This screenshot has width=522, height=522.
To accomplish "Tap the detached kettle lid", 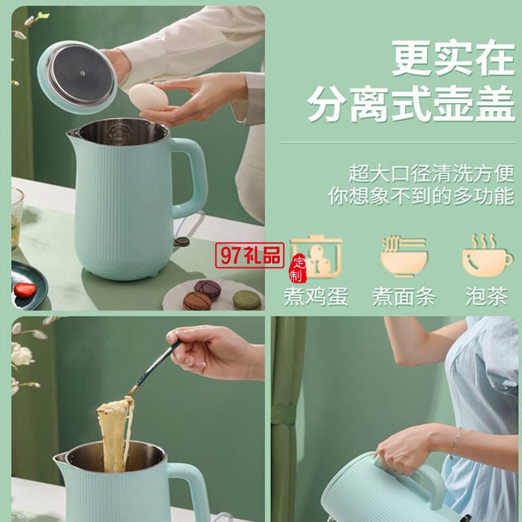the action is tap(77, 77).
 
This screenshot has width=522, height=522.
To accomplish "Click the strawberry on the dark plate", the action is tap(25, 290).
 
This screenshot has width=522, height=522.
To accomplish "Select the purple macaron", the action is tap(207, 289).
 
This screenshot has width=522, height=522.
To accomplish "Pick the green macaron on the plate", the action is tap(246, 299).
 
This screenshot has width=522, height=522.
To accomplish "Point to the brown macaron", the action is tap(197, 301).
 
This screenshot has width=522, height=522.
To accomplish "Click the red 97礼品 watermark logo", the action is tap(250, 255).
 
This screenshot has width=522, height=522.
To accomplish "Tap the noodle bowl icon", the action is tap(404, 256).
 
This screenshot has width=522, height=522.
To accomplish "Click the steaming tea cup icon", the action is tap(488, 255).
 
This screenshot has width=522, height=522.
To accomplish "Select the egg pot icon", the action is tap(316, 256).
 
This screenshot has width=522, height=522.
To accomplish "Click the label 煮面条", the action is tap(404, 296).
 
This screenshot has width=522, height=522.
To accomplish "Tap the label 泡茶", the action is tap(487, 296).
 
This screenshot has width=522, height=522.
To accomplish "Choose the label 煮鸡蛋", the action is tap(316, 296).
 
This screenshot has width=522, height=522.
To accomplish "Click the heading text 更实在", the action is tap(453, 58).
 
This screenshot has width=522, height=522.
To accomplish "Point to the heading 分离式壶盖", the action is tap(411, 104).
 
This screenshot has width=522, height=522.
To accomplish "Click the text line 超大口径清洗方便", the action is tap(432, 173).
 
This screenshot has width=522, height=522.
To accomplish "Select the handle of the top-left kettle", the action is tap(191, 178).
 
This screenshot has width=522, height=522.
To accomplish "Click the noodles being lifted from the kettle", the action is tap(115, 434).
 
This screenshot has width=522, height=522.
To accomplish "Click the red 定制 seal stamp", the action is tap(297, 268).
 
